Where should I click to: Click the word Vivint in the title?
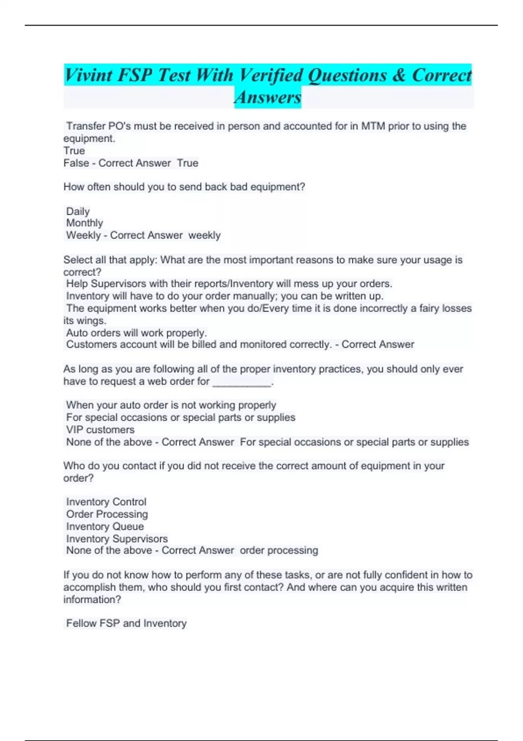point(89,75)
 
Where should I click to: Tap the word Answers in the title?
point(268,97)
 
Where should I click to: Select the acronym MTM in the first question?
point(373,126)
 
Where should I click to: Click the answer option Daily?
point(78,211)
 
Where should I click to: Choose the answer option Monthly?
point(85,223)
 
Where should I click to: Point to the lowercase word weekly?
point(204,235)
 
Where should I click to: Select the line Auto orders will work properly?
point(136,333)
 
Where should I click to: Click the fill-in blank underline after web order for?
point(242,382)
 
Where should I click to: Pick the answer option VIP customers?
point(100,430)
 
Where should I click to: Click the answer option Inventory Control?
point(106,502)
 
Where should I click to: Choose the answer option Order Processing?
point(107,514)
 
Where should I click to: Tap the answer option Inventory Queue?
point(105,527)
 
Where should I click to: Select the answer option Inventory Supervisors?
point(117,539)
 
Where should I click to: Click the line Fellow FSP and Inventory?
point(126,623)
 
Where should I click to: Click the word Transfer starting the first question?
point(85,126)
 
